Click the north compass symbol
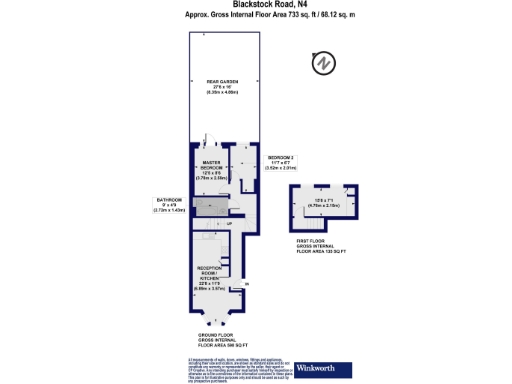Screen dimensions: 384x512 pyautogui.click(x=322, y=64)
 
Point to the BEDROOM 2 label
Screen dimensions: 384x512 pyautogui.click(x=281, y=157)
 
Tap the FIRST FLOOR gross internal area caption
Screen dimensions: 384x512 pyautogui.click(x=321, y=245)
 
